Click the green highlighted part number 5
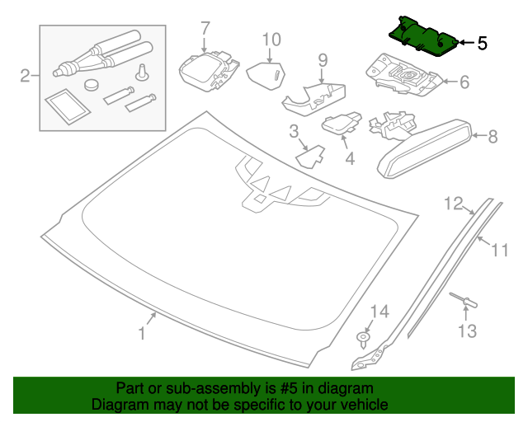click(x=423, y=36)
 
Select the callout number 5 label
click(x=482, y=43)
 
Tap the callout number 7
click(x=205, y=29)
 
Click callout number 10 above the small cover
click(x=271, y=40)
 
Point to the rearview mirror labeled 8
click(x=425, y=148)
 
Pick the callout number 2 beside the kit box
click(x=26, y=76)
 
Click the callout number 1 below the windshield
click(x=142, y=333)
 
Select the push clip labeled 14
click(x=362, y=339)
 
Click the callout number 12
click(x=454, y=204)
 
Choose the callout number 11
click(x=500, y=250)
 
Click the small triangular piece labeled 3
click(x=310, y=157)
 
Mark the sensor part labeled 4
click(x=341, y=123)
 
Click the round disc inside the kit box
click(x=92, y=84)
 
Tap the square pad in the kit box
click(x=68, y=106)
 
